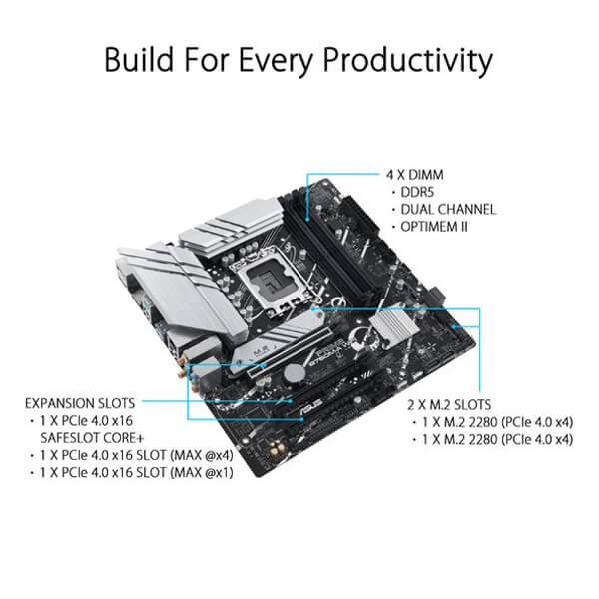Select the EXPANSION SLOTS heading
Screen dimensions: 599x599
tap(80, 403)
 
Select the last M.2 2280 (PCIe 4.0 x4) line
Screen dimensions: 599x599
tap(499, 438)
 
